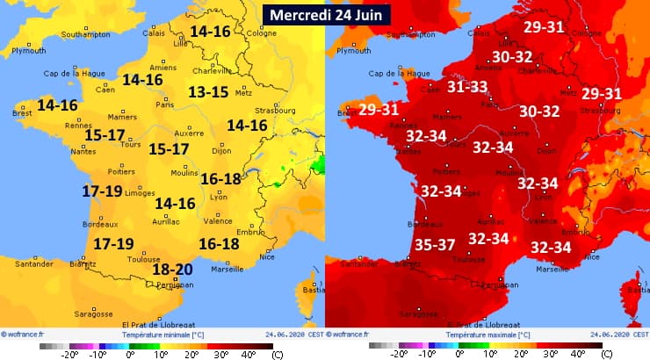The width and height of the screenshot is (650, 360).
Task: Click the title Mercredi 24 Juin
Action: click(325, 15)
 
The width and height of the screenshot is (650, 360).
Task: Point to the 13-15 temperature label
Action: click(207, 92)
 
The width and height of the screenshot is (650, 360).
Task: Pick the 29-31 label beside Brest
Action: click(379, 110)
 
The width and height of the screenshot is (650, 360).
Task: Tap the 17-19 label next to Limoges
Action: click(102, 191)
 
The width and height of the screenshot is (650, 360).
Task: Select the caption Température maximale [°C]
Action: click(486, 335)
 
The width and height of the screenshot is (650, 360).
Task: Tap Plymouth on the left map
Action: click(28, 51)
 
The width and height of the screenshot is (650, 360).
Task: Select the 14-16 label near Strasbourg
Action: click(247, 126)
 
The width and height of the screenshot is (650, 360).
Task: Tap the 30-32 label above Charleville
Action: click(512, 57)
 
